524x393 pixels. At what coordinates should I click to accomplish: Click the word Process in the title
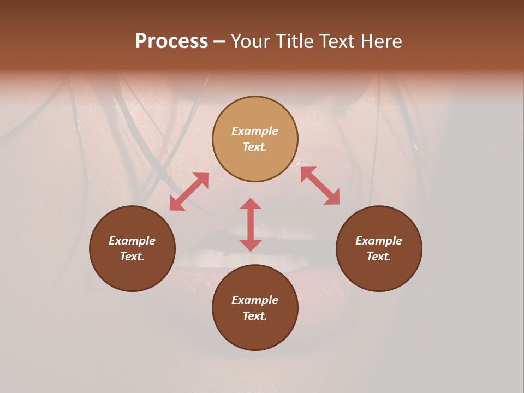point(171,41)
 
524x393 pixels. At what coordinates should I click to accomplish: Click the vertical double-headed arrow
point(251,224)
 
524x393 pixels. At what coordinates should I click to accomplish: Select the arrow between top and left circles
point(189,192)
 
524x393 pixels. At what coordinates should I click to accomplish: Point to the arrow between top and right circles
point(320,186)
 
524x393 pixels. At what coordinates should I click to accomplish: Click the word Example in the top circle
point(255,131)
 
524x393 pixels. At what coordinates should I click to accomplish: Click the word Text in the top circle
point(255,147)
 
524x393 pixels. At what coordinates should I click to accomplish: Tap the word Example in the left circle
point(132,241)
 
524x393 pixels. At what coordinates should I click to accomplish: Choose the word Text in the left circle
point(132,257)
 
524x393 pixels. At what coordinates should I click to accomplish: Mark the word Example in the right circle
point(379,241)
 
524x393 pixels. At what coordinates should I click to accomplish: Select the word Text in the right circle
point(379,257)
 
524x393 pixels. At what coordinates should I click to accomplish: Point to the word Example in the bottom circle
point(255,300)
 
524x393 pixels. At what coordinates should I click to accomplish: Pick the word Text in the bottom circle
point(255,316)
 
